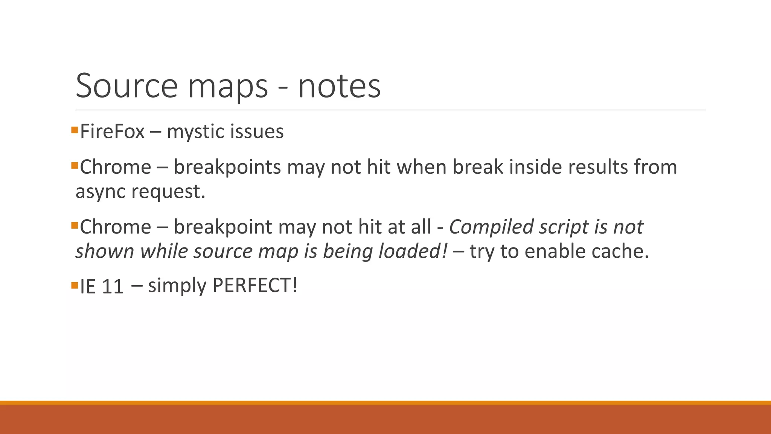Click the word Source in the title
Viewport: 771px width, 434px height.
(x=126, y=86)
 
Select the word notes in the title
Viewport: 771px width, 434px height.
(x=339, y=87)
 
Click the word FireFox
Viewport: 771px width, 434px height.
(x=112, y=132)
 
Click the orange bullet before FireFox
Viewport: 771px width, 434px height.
(x=74, y=130)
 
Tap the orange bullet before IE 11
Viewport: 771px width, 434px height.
(x=74, y=285)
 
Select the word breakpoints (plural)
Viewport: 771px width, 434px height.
(x=227, y=168)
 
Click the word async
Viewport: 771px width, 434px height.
(x=100, y=192)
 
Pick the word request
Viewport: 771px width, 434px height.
(x=168, y=192)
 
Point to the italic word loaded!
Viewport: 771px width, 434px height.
(x=413, y=251)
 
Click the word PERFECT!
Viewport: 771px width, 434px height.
(x=255, y=285)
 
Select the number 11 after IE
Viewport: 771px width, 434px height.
(x=112, y=287)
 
